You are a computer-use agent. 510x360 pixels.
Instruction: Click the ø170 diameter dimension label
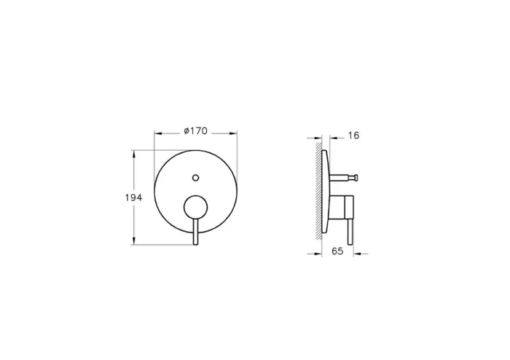(x=195, y=131)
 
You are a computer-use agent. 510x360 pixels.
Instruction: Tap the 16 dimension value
(x=354, y=136)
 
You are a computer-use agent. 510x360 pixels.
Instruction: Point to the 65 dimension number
(x=337, y=253)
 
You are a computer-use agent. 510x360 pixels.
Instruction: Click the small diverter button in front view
(x=195, y=176)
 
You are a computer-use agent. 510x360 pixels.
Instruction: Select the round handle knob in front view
(x=195, y=208)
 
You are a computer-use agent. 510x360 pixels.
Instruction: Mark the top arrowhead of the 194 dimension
(x=133, y=154)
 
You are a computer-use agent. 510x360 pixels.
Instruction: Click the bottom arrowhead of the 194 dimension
(x=133, y=242)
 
